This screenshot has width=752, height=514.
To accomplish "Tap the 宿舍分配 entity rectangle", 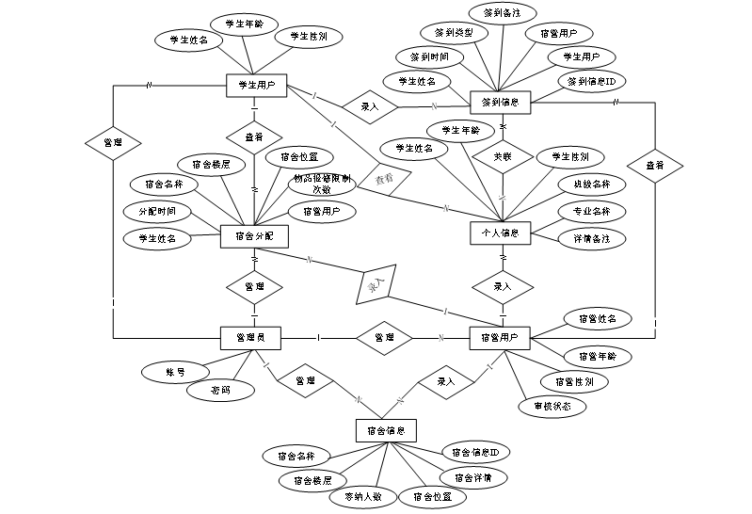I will click(253, 236).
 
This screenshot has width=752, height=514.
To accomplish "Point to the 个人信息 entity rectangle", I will click(501, 232).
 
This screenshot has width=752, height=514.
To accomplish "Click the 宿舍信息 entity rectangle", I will click(386, 430).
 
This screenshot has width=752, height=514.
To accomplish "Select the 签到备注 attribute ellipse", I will click(504, 13).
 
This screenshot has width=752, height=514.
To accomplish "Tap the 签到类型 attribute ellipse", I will click(455, 32).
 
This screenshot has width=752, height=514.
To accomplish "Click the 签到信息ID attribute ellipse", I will click(591, 82).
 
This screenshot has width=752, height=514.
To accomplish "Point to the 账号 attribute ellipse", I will click(175, 372).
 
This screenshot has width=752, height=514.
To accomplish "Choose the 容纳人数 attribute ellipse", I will click(361, 496).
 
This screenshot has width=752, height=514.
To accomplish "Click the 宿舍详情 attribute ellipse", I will click(472, 477).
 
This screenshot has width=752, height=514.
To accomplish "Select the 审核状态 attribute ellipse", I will click(552, 407).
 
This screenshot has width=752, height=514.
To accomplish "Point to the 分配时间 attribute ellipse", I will click(157, 211).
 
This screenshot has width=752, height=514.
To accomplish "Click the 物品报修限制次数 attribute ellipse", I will click(322, 184).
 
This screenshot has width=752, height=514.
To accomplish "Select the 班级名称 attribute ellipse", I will click(591, 184).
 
